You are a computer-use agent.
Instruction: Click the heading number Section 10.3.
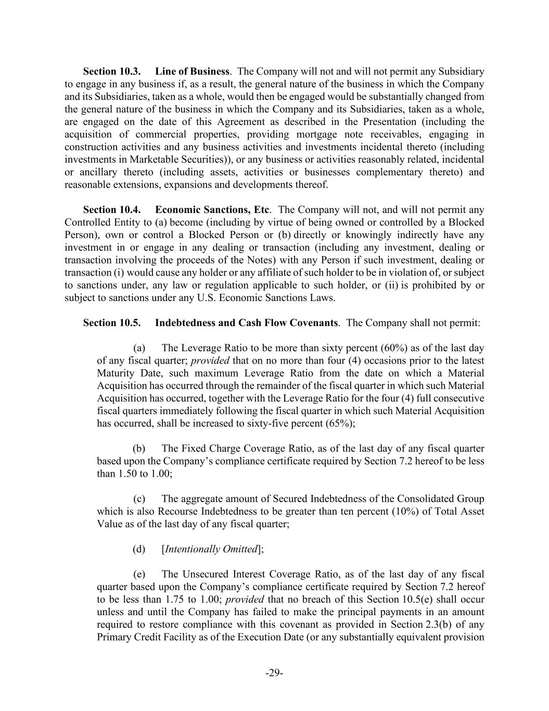tap(112, 71)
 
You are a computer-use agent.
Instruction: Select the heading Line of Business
tap(192, 71)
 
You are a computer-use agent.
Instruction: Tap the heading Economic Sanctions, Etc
tap(212, 210)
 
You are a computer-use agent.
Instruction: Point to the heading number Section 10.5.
tap(112, 323)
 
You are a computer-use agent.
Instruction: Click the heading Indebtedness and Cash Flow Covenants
tap(247, 323)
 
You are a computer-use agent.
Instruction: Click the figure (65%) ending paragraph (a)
tap(340, 423)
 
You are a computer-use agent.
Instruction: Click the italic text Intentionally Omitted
tap(211, 549)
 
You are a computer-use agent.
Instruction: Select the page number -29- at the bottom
tap(274, 673)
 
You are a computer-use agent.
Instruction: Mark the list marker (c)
tap(139, 499)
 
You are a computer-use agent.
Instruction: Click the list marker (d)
tap(139, 549)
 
